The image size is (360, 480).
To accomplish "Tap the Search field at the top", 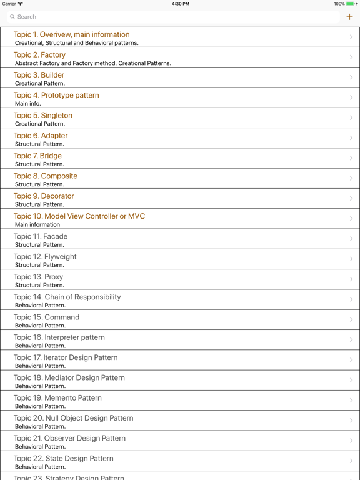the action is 174,17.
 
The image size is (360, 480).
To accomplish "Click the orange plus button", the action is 349,17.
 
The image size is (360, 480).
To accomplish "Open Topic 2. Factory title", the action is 39,55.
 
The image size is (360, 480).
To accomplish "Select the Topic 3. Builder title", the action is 39,75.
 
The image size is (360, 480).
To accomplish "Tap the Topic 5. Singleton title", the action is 43,116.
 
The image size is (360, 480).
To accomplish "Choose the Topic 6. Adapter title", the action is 41,136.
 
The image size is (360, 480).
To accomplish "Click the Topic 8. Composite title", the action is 46,176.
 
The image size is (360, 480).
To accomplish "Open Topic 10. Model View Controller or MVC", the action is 79,216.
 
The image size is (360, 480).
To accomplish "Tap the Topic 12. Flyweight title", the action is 45,257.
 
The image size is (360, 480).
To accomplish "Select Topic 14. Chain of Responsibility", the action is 67,297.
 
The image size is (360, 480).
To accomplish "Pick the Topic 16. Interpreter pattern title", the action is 59,337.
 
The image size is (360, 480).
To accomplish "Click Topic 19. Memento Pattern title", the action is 57,398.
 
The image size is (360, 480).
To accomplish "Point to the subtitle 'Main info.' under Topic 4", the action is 28,104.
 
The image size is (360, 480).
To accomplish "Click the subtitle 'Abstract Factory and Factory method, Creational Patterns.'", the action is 93,63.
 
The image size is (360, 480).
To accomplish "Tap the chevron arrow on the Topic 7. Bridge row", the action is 351,158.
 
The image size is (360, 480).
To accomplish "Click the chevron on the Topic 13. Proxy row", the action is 351,279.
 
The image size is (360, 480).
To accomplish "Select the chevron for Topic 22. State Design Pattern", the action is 351,461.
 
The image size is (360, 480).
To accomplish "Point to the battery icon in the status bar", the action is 351,4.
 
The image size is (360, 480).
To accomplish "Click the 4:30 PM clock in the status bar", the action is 180,4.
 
